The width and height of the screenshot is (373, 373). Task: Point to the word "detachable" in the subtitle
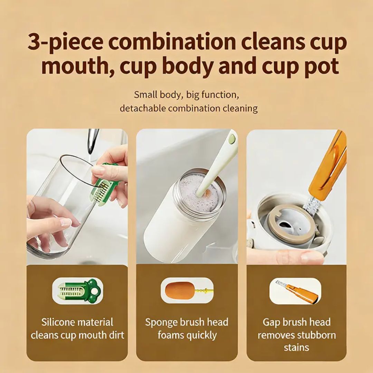click(143, 108)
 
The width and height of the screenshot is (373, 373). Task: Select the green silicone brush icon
click(77, 291)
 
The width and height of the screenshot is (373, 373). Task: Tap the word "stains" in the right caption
click(296, 347)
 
